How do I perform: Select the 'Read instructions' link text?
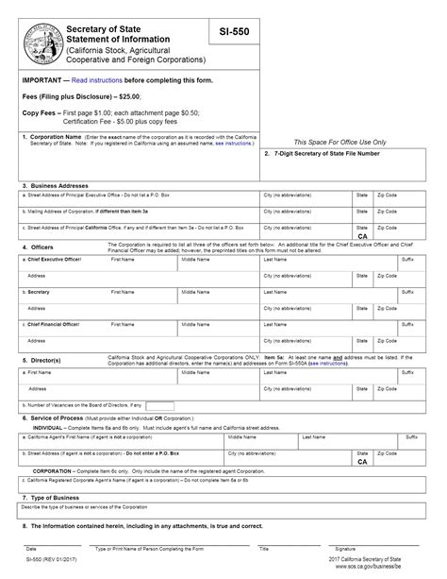pyautogui.click(x=96, y=80)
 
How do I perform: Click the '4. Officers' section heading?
pyautogui.click(x=39, y=248)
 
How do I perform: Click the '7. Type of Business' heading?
pyautogui.click(x=53, y=496)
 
